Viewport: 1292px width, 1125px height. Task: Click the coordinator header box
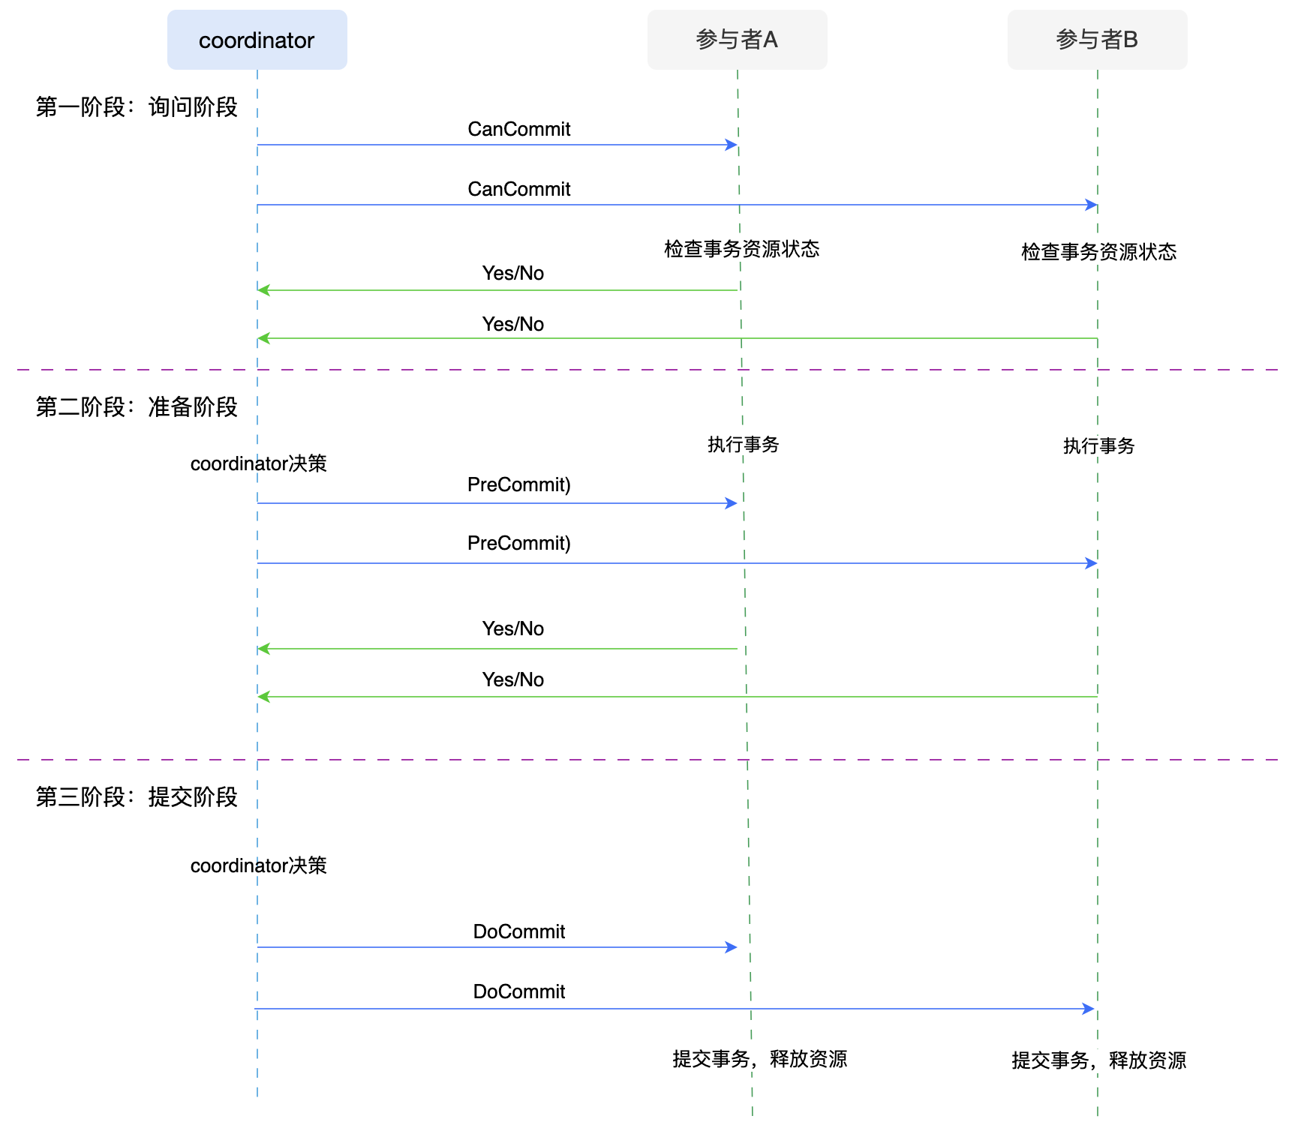tap(257, 40)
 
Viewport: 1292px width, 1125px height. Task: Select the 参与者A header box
tap(737, 40)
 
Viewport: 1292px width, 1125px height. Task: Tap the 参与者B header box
tap(1097, 40)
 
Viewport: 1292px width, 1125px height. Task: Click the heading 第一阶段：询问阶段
tap(137, 107)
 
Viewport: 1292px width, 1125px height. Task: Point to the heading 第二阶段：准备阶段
tap(137, 407)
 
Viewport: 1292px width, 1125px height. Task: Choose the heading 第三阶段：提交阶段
tap(137, 797)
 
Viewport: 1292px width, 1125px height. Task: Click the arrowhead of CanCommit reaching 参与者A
tap(732, 145)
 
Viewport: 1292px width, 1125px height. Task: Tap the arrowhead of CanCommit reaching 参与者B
tap(1092, 205)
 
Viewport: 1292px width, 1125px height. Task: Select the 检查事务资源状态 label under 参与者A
tap(741, 249)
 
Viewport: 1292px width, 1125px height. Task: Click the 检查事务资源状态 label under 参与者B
tap(1098, 252)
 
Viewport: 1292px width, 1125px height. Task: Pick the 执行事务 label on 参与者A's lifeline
tap(743, 445)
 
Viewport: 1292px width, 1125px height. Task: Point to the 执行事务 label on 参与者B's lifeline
tap(1098, 446)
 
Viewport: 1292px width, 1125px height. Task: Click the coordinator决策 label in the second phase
tap(258, 463)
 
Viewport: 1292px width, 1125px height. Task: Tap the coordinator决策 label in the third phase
tap(258, 865)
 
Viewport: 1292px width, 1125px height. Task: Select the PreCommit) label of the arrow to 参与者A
tap(518, 484)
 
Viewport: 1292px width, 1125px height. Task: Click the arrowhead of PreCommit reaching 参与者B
tap(1092, 563)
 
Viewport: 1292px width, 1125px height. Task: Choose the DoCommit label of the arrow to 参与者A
tap(518, 931)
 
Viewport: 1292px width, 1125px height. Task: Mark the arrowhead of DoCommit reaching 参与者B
tap(1089, 1009)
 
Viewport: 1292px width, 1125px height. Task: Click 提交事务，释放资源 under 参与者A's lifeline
tap(759, 1059)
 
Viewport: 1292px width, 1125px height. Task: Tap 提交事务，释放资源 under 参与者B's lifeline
tap(1098, 1060)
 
